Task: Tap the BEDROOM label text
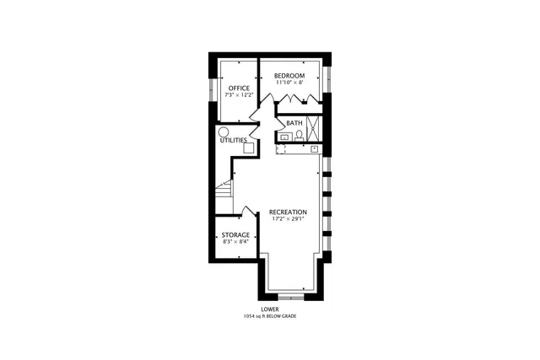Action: pyautogui.click(x=289, y=75)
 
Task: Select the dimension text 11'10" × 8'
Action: pyautogui.click(x=289, y=83)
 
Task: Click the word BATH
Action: pyautogui.click(x=294, y=123)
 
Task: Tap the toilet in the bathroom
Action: pyautogui.click(x=299, y=135)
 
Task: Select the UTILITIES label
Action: pyautogui.click(x=233, y=140)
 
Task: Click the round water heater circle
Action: pyautogui.click(x=224, y=132)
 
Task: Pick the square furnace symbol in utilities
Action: pyautogui.click(x=249, y=147)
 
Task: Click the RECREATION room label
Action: pyautogui.click(x=288, y=212)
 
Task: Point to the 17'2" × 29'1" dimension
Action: pyautogui.click(x=288, y=219)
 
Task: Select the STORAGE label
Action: pyautogui.click(x=235, y=234)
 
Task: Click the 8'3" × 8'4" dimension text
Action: pyautogui.click(x=235, y=242)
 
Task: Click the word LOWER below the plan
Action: pyautogui.click(x=270, y=309)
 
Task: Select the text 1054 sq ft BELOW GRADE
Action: pyautogui.click(x=270, y=316)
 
